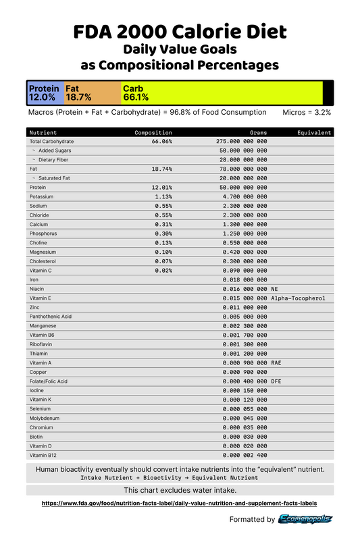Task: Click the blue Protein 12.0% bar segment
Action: [45, 92]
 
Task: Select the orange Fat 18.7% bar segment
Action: [93, 92]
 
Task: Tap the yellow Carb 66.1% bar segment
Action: [222, 92]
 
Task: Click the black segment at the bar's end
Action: [328, 92]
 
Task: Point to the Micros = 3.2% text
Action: [307, 113]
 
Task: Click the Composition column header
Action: [153, 133]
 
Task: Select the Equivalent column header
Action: [314, 133]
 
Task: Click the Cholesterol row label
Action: [45, 261]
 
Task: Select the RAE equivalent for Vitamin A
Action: [278, 362]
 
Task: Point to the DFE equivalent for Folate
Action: [278, 381]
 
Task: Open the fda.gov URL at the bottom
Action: [179, 503]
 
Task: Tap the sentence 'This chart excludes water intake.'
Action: [180, 489]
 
